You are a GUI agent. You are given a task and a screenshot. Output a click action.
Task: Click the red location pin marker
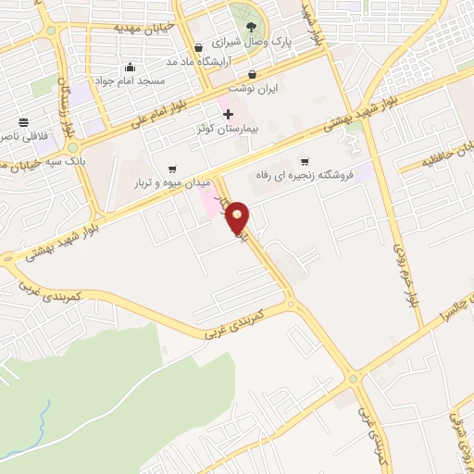238,218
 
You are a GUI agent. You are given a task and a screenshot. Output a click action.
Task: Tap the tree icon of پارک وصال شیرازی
252,24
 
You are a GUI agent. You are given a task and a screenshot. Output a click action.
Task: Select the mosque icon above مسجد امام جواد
130,66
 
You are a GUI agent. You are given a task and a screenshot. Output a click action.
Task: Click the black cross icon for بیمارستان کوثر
229,113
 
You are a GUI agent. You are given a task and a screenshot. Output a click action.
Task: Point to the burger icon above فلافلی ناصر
23,121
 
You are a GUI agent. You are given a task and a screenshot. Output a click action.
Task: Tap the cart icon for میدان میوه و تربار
172,168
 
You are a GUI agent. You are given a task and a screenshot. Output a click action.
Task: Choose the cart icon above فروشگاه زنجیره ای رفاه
304,161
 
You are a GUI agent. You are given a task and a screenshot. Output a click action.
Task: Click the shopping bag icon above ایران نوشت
252,74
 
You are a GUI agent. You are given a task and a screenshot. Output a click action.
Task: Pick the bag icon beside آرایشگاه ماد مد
198,47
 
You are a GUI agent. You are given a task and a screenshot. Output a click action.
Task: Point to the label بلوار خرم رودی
404,275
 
